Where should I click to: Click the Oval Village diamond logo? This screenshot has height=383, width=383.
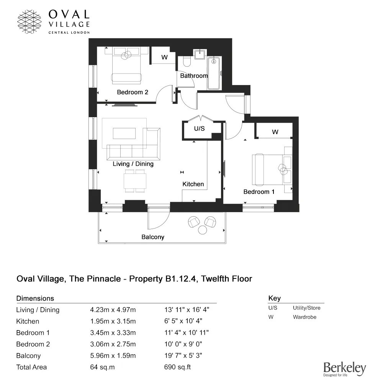(x=30, y=21)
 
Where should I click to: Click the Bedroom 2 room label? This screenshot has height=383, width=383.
(x=133, y=92)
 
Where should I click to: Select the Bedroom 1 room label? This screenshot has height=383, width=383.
(x=259, y=192)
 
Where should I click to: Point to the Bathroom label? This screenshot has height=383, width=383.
(x=194, y=76)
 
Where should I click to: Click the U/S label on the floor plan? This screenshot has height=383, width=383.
(x=199, y=129)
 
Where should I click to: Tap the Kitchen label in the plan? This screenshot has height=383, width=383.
(x=193, y=184)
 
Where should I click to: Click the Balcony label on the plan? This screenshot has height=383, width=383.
(x=153, y=237)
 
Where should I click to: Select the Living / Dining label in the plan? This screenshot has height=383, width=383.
(x=133, y=164)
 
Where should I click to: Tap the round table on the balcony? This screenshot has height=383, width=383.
(x=202, y=230)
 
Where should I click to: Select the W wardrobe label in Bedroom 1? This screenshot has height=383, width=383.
(x=275, y=132)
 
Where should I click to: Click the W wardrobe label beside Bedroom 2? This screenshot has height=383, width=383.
(x=164, y=57)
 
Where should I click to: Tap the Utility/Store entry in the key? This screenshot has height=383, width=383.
(x=306, y=308)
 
